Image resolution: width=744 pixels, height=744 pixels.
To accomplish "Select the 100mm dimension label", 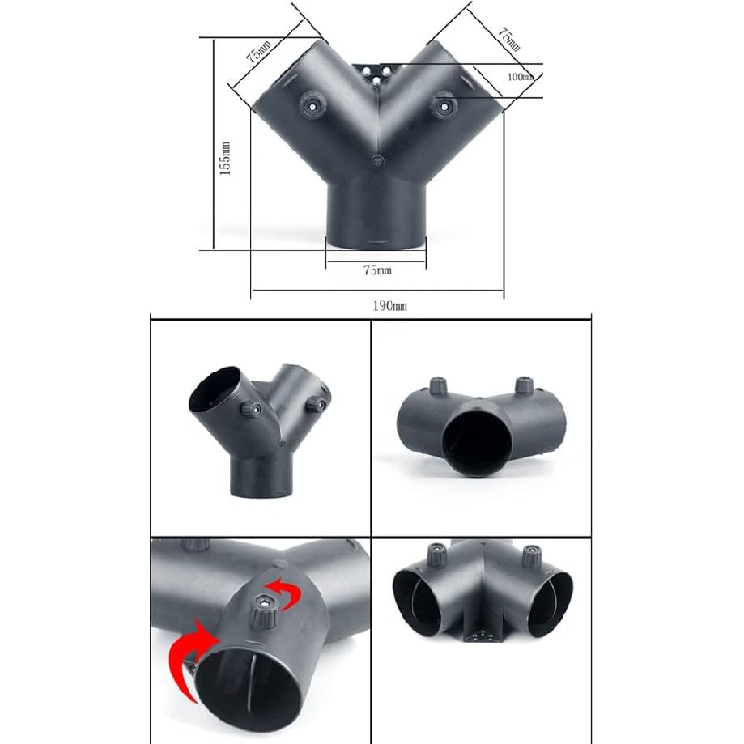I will pos(519,77).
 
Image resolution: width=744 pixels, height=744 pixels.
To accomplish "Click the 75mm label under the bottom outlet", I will pos(376,270).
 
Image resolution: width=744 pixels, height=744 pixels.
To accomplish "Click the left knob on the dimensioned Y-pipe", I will pos(312,103).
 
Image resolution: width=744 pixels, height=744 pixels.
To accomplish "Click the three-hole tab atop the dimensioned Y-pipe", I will pos(377,74).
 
